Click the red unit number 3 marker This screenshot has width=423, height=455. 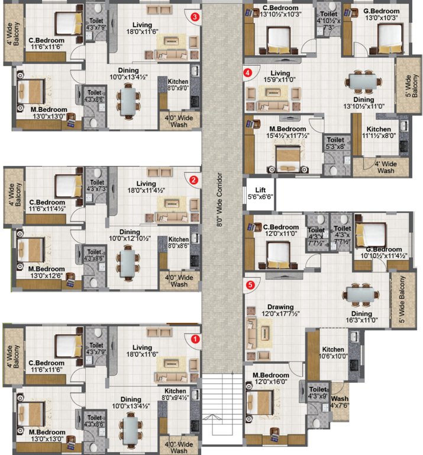(x=195, y=17)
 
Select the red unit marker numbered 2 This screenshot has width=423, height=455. (x=193, y=180)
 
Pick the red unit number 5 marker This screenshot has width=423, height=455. (x=250, y=285)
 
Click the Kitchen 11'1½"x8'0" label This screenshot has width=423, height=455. (x=379, y=133)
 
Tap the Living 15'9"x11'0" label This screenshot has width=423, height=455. (x=280, y=76)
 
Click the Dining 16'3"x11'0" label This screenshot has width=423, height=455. (x=361, y=317)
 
